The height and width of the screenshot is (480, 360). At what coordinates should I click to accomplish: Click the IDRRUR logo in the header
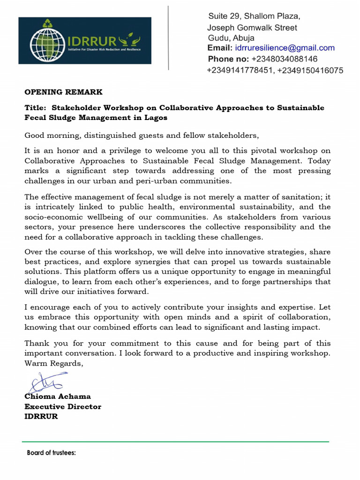pos(85,40)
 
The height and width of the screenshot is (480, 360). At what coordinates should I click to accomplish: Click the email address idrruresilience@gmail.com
pos(285,48)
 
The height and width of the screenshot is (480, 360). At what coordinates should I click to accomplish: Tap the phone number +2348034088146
pos(285,59)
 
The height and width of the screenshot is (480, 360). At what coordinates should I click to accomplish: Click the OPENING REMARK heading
pos(63,92)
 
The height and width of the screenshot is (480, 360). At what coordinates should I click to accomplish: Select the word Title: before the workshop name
pos(35,108)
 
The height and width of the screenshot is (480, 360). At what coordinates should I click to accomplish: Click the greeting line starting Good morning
pos(141,135)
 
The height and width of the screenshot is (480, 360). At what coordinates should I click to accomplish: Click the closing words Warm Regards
pos(54,363)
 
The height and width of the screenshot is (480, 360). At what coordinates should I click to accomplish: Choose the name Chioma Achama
pos(58,397)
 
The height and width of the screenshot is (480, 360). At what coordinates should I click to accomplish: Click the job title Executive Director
pos(63,406)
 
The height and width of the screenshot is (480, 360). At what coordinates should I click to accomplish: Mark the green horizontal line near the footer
pos(175,442)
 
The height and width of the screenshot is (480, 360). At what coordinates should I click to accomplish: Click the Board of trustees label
pos(52,453)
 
